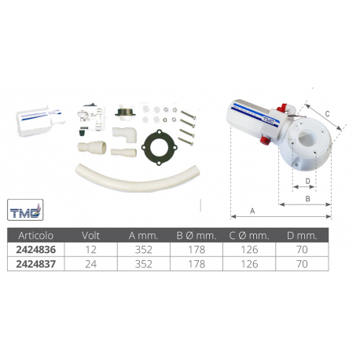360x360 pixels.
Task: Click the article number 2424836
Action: coord(36,250)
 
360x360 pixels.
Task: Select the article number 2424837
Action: coord(36,264)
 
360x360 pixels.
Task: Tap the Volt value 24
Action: coord(90,264)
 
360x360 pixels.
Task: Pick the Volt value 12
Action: coord(90,250)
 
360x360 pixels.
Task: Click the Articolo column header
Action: coord(36,236)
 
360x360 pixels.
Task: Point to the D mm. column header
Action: coord(302,236)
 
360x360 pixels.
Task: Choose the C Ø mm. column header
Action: coord(249,236)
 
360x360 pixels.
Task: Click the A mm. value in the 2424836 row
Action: coord(144,250)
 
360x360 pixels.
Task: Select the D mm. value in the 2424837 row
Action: coord(302,264)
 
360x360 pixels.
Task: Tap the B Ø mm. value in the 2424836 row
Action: coord(197,250)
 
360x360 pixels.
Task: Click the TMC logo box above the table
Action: coord(25,210)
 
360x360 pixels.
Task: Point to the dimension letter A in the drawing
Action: coord(252,211)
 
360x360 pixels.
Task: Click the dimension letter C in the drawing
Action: coord(327,114)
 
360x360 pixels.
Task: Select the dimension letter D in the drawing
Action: coord(308,181)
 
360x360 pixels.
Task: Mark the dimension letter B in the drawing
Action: coord(308,199)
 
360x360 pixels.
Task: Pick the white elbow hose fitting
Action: coord(125,134)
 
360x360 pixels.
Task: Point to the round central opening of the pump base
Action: coord(306,137)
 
